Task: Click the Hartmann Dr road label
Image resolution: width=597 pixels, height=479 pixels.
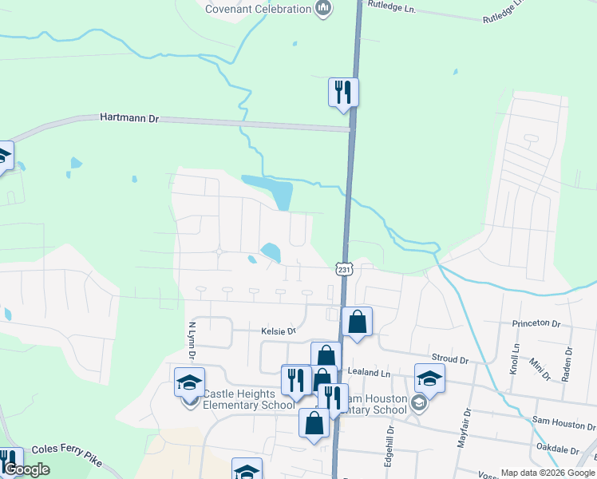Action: coord(130,117)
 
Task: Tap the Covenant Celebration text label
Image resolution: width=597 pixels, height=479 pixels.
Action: coord(258,9)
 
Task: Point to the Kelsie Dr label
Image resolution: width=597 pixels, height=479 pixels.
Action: coord(278,331)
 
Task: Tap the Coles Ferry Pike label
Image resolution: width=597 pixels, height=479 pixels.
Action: coord(65,458)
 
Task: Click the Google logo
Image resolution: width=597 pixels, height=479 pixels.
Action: coord(26,469)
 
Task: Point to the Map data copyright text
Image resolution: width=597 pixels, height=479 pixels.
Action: coord(547,473)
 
